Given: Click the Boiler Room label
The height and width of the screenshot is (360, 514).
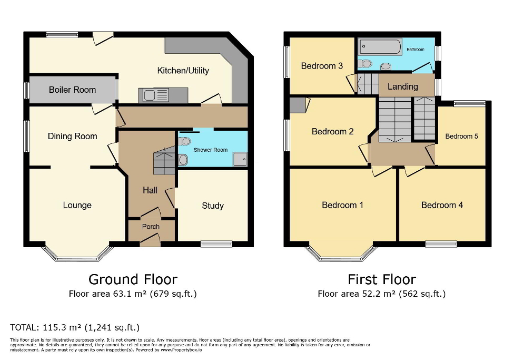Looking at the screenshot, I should (x=72, y=90).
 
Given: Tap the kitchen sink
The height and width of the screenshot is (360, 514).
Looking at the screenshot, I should (x=154, y=95).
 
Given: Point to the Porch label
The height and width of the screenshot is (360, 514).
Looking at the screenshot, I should (x=151, y=227).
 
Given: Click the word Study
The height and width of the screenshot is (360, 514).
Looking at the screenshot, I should (x=213, y=206).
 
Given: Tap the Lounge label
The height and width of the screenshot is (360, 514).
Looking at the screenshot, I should (x=77, y=206).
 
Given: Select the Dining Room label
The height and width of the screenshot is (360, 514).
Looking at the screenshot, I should (x=72, y=136).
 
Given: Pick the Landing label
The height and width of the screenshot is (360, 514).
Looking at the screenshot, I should (x=402, y=86).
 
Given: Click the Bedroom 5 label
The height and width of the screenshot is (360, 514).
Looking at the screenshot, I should (x=461, y=136).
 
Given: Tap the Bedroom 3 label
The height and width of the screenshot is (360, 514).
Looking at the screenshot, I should (x=322, y=66).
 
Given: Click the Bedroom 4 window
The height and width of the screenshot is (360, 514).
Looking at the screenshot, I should (x=441, y=244).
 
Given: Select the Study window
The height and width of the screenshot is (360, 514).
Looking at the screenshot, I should (x=216, y=244).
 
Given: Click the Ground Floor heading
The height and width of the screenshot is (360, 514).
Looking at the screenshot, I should (x=132, y=279).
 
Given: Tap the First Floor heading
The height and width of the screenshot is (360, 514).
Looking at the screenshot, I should (x=382, y=279).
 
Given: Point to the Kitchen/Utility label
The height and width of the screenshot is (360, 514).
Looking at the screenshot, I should (x=183, y=71).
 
